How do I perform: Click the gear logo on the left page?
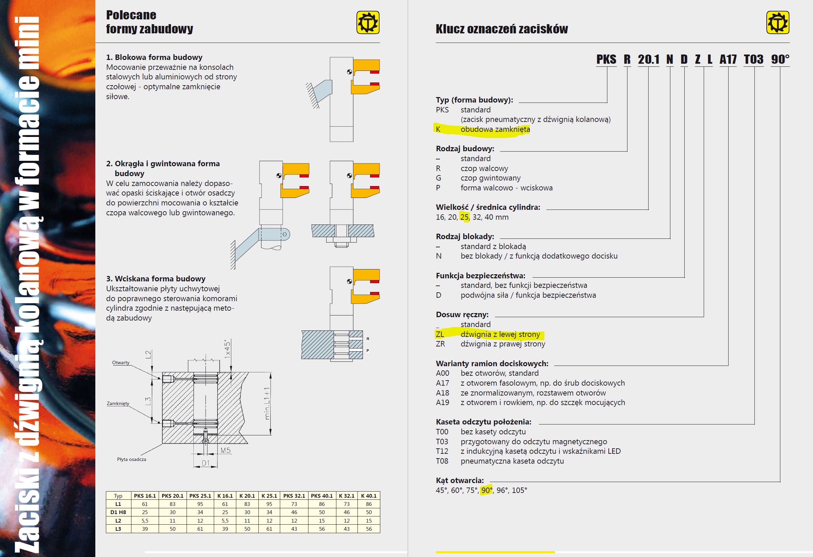pyautogui.click(x=368, y=22)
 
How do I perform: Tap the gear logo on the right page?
pyautogui.click(x=778, y=22)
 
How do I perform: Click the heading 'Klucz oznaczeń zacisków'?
pyautogui.click(x=501, y=29)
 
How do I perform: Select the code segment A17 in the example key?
pyautogui.click(x=728, y=59)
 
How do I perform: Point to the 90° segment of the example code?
pyautogui.click(x=780, y=59)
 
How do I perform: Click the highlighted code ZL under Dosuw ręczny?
pyautogui.click(x=440, y=334)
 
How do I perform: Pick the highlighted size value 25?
pyautogui.click(x=464, y=217)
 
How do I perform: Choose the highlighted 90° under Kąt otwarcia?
pyautogui.click(x=486, y=490)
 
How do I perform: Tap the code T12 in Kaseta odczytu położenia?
pyautogui.click(x=442, y=451)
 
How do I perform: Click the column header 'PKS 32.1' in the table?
pyautogui.click(x=294, y=496)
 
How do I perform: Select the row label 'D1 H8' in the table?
pyautogui.click(x=118, y=512)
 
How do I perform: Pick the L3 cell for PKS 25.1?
pyautogui.click(x=200, y=529)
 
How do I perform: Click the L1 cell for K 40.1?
pyautogui.click(x=369, y=504)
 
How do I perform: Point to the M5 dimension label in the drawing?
pyautogui.click(x=226, y=450)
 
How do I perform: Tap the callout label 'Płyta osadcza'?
pyautogui.click(x=131, y=459)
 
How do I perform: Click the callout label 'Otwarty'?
pyautogui.click(x=121, y=363)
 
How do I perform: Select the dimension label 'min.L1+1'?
pyautogui.click(x=267, y=404)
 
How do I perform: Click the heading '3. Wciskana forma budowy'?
pyautogui.click(x=156, y=279)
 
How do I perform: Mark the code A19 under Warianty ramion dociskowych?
pyautogui.click(x=443, y=403)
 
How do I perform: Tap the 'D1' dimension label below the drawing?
pyautogui.click(x=205, y=464)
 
